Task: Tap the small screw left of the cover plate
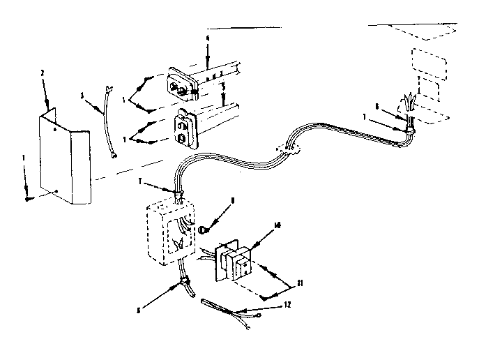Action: pos(27,198)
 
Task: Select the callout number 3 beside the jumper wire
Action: pos(82,95)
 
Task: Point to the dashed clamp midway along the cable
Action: pos(291,147)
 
